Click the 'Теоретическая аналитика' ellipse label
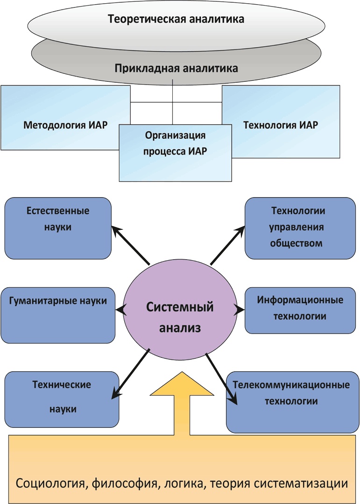[176, 20]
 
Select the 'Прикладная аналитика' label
[176, 68]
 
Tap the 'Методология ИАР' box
[65, 125]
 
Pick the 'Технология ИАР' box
[281, 125]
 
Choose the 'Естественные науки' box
[58, 227]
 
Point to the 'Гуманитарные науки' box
[58, 315]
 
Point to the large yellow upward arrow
[180, 406]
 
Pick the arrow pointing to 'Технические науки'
[130, 373]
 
